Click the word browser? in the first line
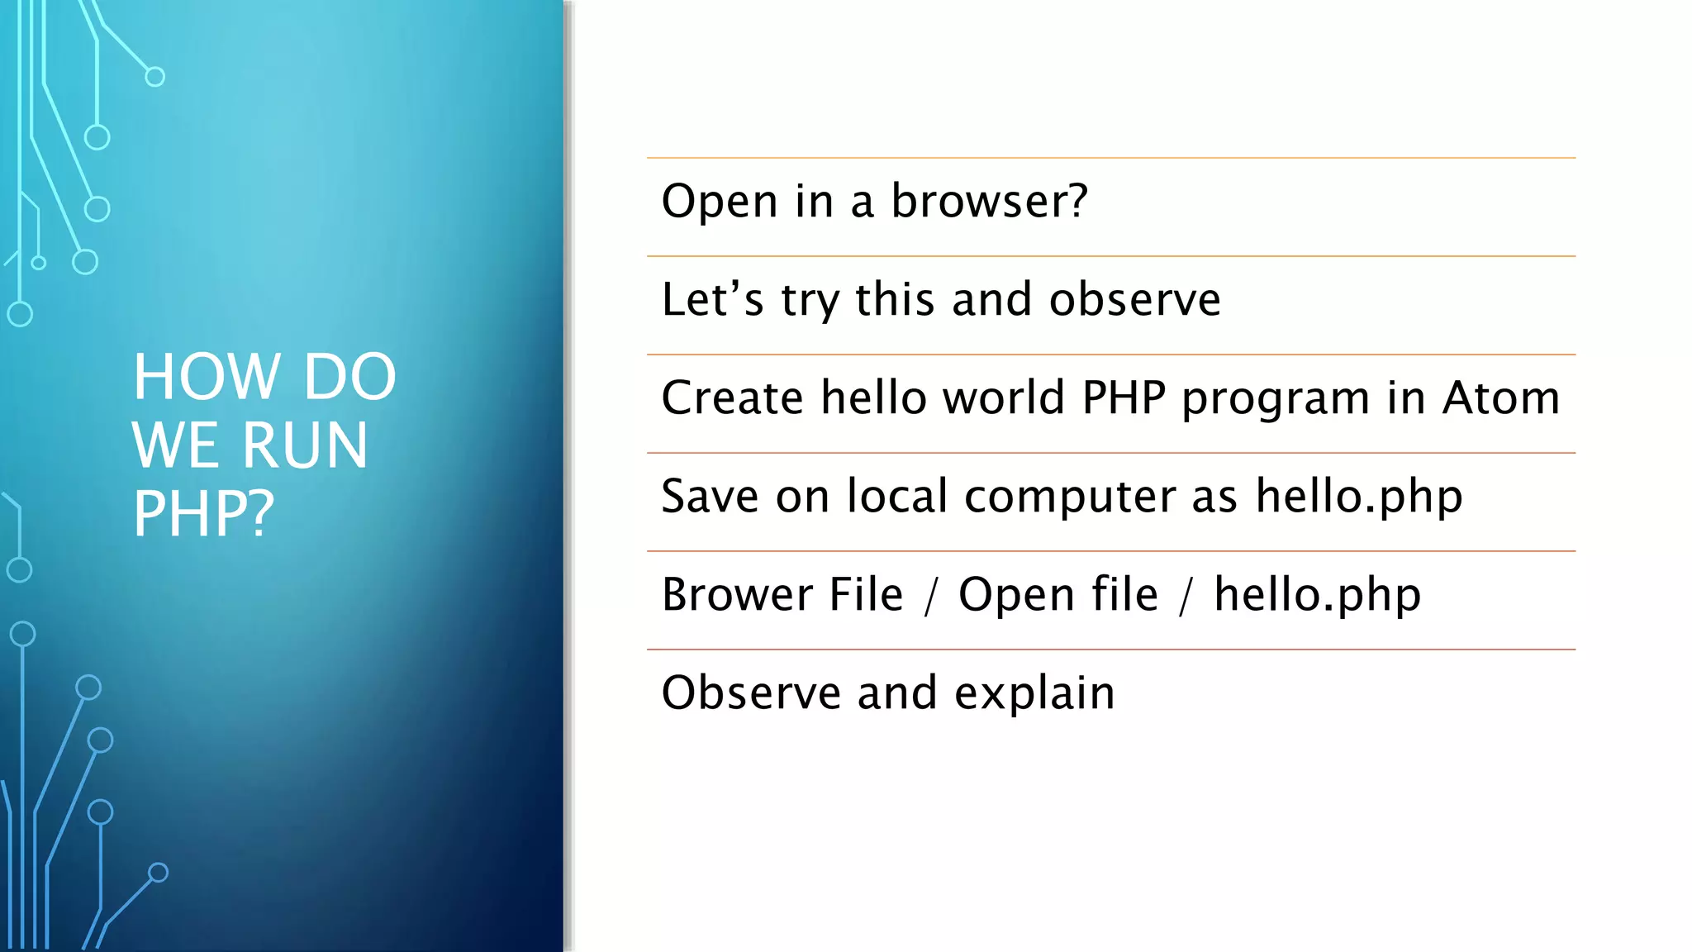pyautogui.click(x=989, y=201)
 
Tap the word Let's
pyautogui.click(x=712, y=299)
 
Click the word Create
pyautogui.click(x=732, y=397)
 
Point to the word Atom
pyautogui.click(x=1500, y=397)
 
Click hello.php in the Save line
pyautogui.click(x=1359, y=496)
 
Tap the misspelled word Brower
pyautogui.click(x=737, y=594)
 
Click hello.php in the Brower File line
pyautogui.click(x=1317, y=594)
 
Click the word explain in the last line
pyautogui.click(x=1034, y=693)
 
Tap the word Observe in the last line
pyautogui.click(x=750, y=693)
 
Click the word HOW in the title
pyautogui.click(x=207, y=377)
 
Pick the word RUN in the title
pyautogui.click(x=305, y=445)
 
